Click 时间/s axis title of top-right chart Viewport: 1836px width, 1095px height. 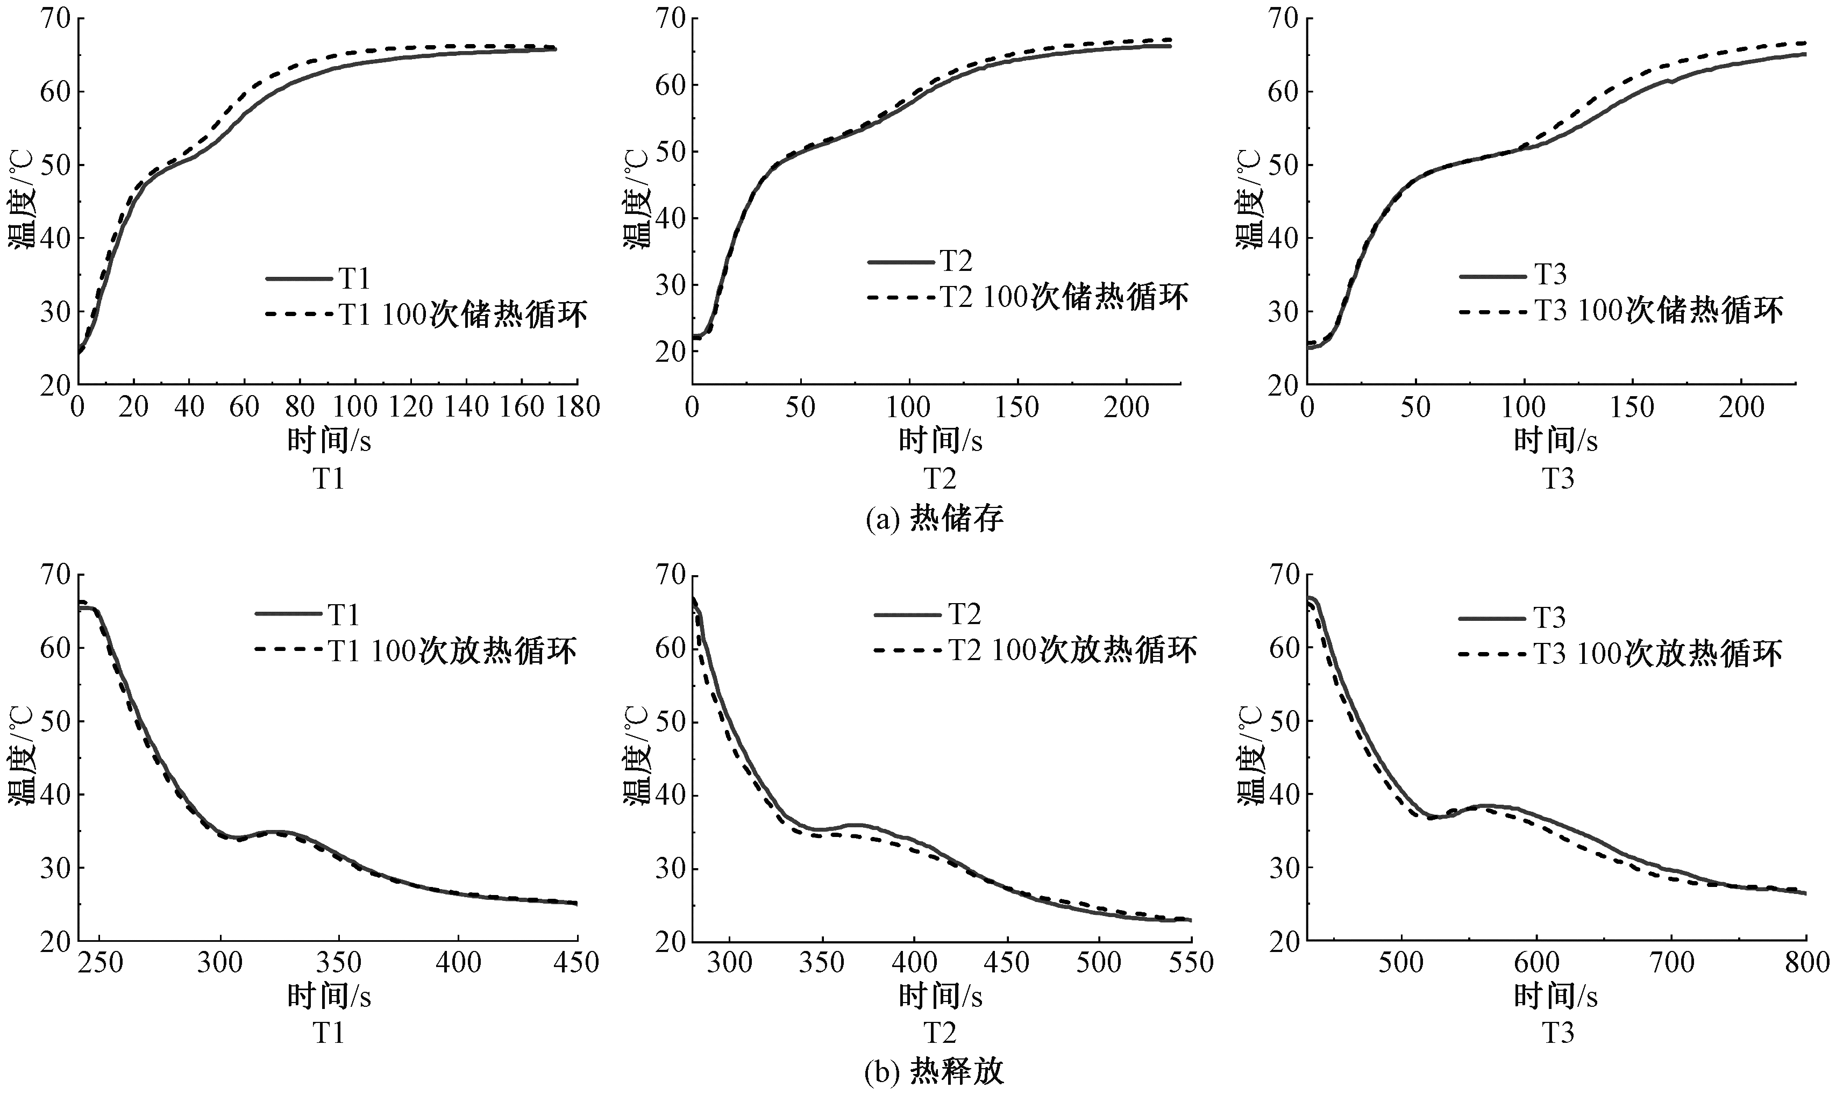click(x=1556, y=441)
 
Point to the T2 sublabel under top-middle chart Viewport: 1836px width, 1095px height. click(x=940, y=479)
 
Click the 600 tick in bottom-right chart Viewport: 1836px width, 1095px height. click(x=1536, y=963)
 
